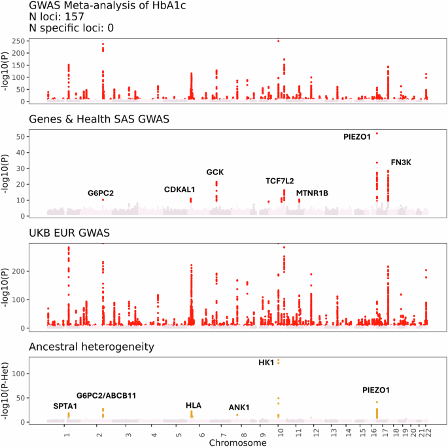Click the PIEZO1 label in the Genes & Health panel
click(357, 137)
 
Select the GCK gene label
click(215, 172)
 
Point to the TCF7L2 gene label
click(280, 181)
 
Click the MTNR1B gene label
click(312, 193)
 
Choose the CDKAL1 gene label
click(180, 189)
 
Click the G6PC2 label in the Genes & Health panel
click(101, 193)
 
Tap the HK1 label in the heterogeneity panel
click(266, 362)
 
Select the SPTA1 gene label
click(65, 406)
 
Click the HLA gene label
click(194, 406)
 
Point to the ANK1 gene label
click(239, 408)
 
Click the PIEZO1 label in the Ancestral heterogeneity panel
click(376, 390)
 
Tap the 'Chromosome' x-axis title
click(237, 443)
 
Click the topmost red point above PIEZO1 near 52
click(377, 133)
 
